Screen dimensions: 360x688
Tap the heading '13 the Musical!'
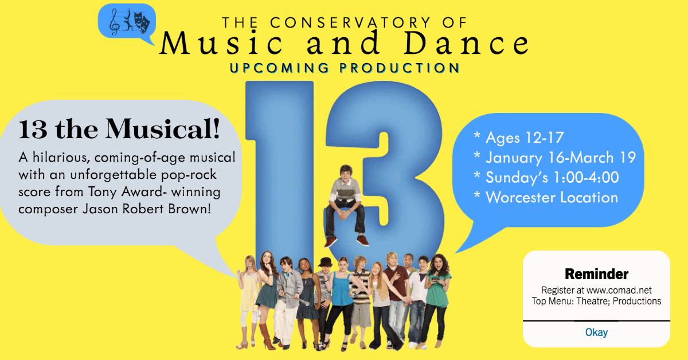pyautogui.click(x=119, y=130)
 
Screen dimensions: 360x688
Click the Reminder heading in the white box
pyautogui.click(x=596, y=274)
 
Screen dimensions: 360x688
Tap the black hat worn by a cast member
pyautogui.click(x=326, y=262)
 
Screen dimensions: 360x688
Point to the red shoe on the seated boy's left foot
pyautogui.click(x=361, y=239)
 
